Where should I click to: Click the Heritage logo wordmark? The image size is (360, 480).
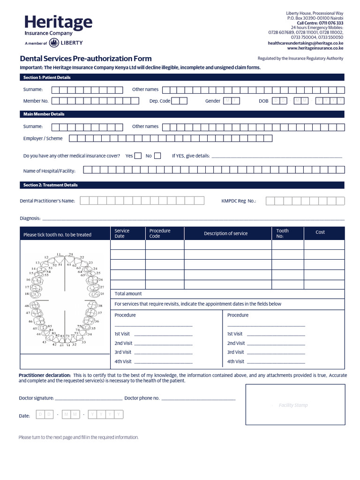coord(58,22)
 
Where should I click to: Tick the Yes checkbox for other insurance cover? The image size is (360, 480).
coord(138,156)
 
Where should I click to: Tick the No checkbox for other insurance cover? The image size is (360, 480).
coord(157,156)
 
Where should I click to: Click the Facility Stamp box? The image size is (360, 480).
coord(295,405)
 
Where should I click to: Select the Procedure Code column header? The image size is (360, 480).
coord(160,233)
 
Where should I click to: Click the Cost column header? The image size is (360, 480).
coord(320,232)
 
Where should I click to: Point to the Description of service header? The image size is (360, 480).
coord(225,233)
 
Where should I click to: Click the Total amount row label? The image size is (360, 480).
coord(128,294)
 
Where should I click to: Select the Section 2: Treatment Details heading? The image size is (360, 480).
coord(51,185)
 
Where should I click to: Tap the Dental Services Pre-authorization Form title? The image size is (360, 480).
coord(85,59)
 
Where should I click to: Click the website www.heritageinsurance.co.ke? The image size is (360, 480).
coord(315,48)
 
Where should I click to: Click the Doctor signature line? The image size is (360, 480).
coord(89,398)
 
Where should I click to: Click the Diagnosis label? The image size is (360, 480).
coord(30,218)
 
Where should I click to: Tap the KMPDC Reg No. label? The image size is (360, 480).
coord(239,201)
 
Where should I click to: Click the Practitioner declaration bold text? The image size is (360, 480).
coord(45,375)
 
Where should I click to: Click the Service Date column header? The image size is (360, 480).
coord(122,233)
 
